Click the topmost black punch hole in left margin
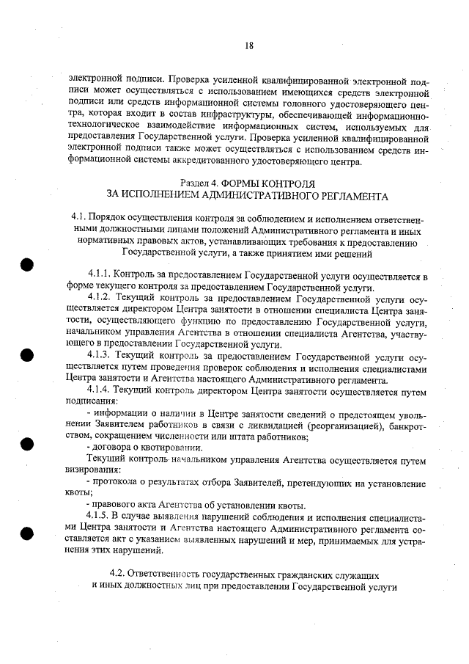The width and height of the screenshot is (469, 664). [28, 265]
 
